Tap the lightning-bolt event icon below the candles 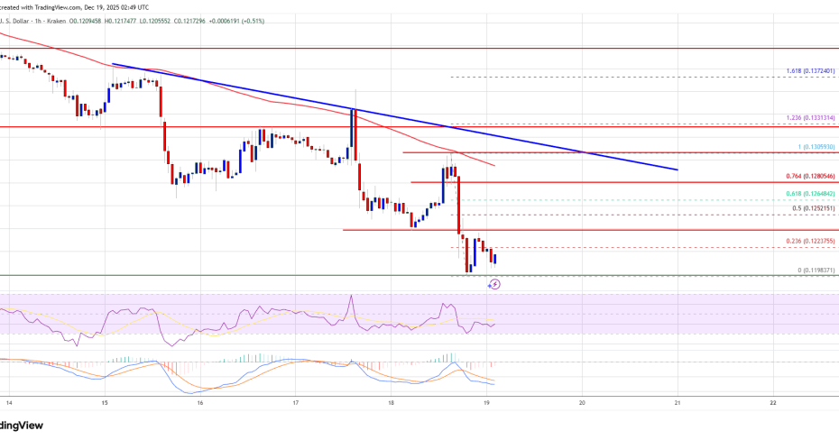494,284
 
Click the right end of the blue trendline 676,169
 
